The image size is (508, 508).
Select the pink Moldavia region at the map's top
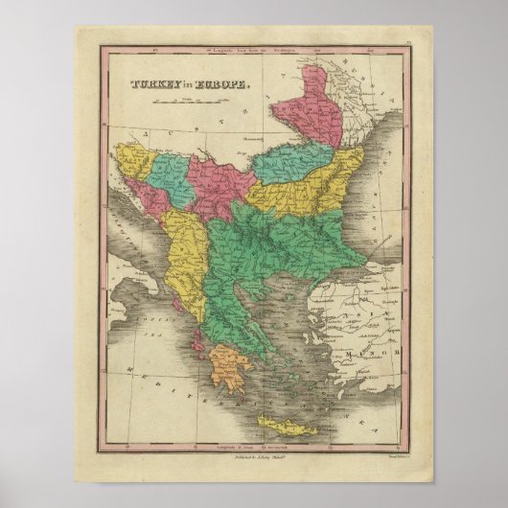(x=307, y=105)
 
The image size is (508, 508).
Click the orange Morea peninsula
(x=227, y=369)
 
